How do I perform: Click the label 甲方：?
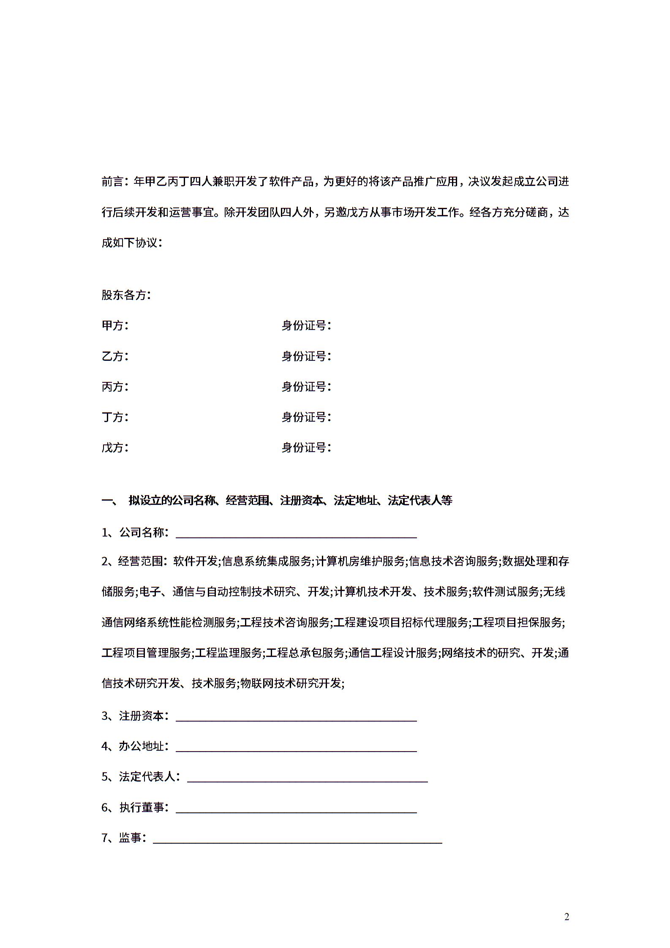click(115, 326)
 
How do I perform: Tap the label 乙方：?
click(115, 356)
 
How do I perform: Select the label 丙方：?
click(115, 387)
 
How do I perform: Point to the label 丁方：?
click(115, 417)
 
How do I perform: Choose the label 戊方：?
click(115, 447)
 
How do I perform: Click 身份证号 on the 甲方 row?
click(306, 326)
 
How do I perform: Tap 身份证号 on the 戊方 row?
click(306, 447)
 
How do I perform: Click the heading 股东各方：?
click(126, 295)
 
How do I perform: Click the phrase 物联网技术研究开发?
click(291, 683)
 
